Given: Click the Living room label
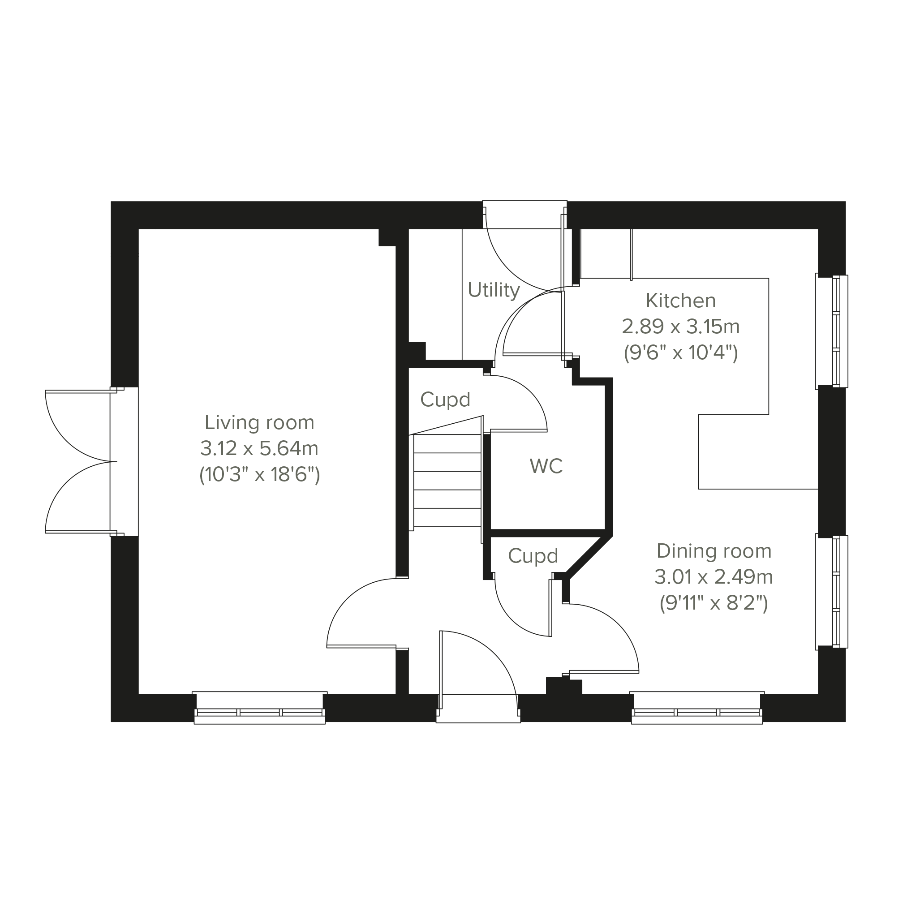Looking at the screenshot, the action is [x=259, y=423].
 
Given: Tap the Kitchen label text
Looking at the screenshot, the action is [x=681, y=301].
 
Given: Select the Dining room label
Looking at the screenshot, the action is [x=714, y=552].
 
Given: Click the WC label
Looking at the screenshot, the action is [x=546, y=466].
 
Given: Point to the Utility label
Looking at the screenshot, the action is [x=494, y=290].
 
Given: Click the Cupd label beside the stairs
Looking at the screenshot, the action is [x=445, y=400].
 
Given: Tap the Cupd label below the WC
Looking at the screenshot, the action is [x=533, y=556].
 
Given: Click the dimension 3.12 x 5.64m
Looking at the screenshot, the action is [x=259, y=449].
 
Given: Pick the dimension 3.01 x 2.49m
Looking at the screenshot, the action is [x=714, y=577].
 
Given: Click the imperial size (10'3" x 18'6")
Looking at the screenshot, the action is [x=259, y=475].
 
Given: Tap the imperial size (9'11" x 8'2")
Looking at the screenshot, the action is [x=714, y=603].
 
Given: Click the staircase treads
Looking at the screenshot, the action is [x=447, y=481].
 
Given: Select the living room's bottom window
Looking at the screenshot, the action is [x=260, y=708].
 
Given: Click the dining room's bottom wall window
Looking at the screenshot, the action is [x=696, y=708].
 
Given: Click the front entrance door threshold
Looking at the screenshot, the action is [x=478, y=709].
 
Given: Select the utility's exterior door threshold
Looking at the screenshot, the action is [x=525, y=215].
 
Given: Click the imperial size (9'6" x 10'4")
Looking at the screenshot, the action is [x=681, y=352].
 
